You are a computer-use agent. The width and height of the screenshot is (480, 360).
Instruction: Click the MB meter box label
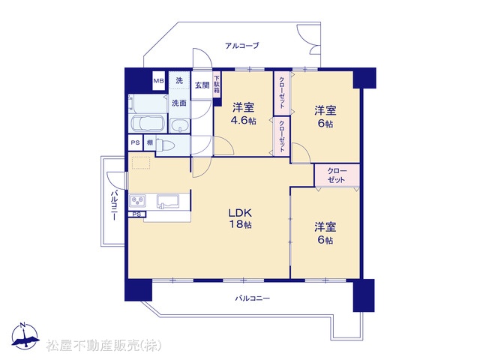pos(158,81)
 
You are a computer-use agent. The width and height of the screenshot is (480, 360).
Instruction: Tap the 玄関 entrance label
pos(202,85)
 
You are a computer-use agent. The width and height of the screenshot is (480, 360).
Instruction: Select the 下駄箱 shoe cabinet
pos(217,85)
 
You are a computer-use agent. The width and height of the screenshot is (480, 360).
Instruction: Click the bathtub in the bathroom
pos(148,124)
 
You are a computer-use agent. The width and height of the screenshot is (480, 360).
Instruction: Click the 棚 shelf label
pos(150,142)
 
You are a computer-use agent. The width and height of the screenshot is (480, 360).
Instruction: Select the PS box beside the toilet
pos(135,142)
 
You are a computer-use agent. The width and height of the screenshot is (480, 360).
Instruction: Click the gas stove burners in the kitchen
pos(137,201)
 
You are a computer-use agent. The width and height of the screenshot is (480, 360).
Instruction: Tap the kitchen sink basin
pos(168,201)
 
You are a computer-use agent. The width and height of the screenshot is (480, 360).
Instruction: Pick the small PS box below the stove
pos(136,214)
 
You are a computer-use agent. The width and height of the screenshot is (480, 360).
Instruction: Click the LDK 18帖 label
pos(241,218)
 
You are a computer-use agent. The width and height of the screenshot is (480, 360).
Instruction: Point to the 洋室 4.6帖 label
pos(243,114)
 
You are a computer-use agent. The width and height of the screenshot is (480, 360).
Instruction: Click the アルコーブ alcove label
pos(241,46)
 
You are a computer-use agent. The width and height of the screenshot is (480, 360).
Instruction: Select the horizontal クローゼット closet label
pos(337,175)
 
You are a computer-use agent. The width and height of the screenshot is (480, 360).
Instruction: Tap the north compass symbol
pos(25,336)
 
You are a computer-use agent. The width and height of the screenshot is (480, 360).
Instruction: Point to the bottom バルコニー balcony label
pos(252,298)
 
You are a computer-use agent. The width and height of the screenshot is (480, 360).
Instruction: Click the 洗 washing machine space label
pos(179,80)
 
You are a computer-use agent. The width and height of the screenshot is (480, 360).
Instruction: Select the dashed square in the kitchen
pos(141,163)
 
